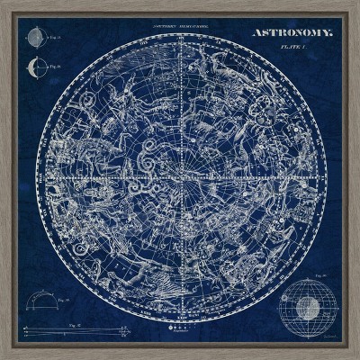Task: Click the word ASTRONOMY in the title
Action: pos(291,33)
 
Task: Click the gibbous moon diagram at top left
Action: pos(35,37)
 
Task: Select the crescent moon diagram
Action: pos(35,66)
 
